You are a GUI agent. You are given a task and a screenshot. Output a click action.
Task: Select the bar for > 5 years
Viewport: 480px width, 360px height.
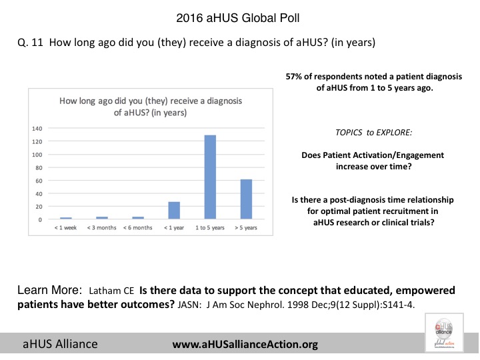[x=245, y=199]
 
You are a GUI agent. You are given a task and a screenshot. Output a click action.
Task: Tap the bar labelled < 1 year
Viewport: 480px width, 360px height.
[x=174, y=210]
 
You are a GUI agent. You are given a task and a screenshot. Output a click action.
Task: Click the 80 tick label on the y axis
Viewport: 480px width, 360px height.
[x=39, y=167]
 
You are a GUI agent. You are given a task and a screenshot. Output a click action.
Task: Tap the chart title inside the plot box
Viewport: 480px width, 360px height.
[x=151, y=107]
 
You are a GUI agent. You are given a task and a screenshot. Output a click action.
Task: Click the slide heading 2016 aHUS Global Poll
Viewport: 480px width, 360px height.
[x=239, y=15]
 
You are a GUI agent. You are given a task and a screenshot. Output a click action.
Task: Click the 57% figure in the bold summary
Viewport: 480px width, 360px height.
[x=293, y=77]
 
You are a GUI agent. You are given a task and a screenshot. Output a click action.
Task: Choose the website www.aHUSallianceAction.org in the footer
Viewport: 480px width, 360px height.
[x=245, y=344]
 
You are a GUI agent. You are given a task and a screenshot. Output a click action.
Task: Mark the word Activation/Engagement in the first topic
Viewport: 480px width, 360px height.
[x=399, y=155]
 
